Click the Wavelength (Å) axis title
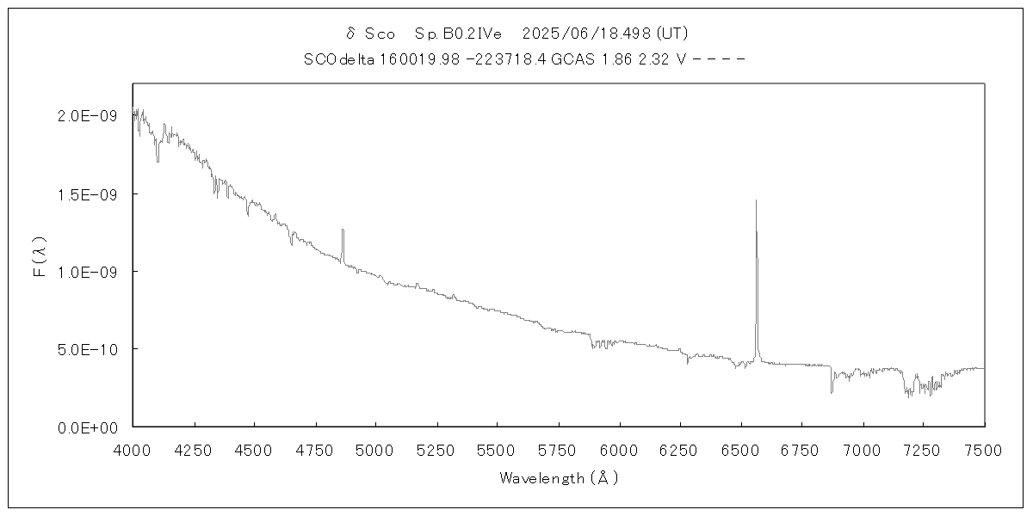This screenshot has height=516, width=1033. [x=559, y=478]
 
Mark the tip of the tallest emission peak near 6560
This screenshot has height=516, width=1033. [x=756, y=200]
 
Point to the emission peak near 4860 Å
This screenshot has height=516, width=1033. [x=343, y=230]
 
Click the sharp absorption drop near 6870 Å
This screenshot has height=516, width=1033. [x=832, y=392]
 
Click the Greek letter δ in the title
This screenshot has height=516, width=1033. [x=350, y=34]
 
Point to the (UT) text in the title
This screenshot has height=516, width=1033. [x=671, y=34]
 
